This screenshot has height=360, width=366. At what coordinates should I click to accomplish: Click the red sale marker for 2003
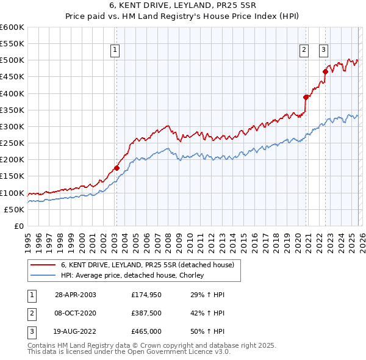click(x=117, y=168)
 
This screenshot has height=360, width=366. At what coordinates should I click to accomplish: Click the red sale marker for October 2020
click(x=306, y=96)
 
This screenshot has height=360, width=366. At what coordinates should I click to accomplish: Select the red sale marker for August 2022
click(x=325, y=71)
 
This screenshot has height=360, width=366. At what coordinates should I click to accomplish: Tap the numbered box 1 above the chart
click(x=115, y=51)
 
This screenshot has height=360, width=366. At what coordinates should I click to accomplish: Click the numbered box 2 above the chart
click(x=304, y=51)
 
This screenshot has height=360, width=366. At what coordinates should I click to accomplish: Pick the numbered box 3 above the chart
click(x=323, y=51)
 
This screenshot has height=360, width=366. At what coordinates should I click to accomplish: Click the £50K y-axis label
click(x=13, y=209)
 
